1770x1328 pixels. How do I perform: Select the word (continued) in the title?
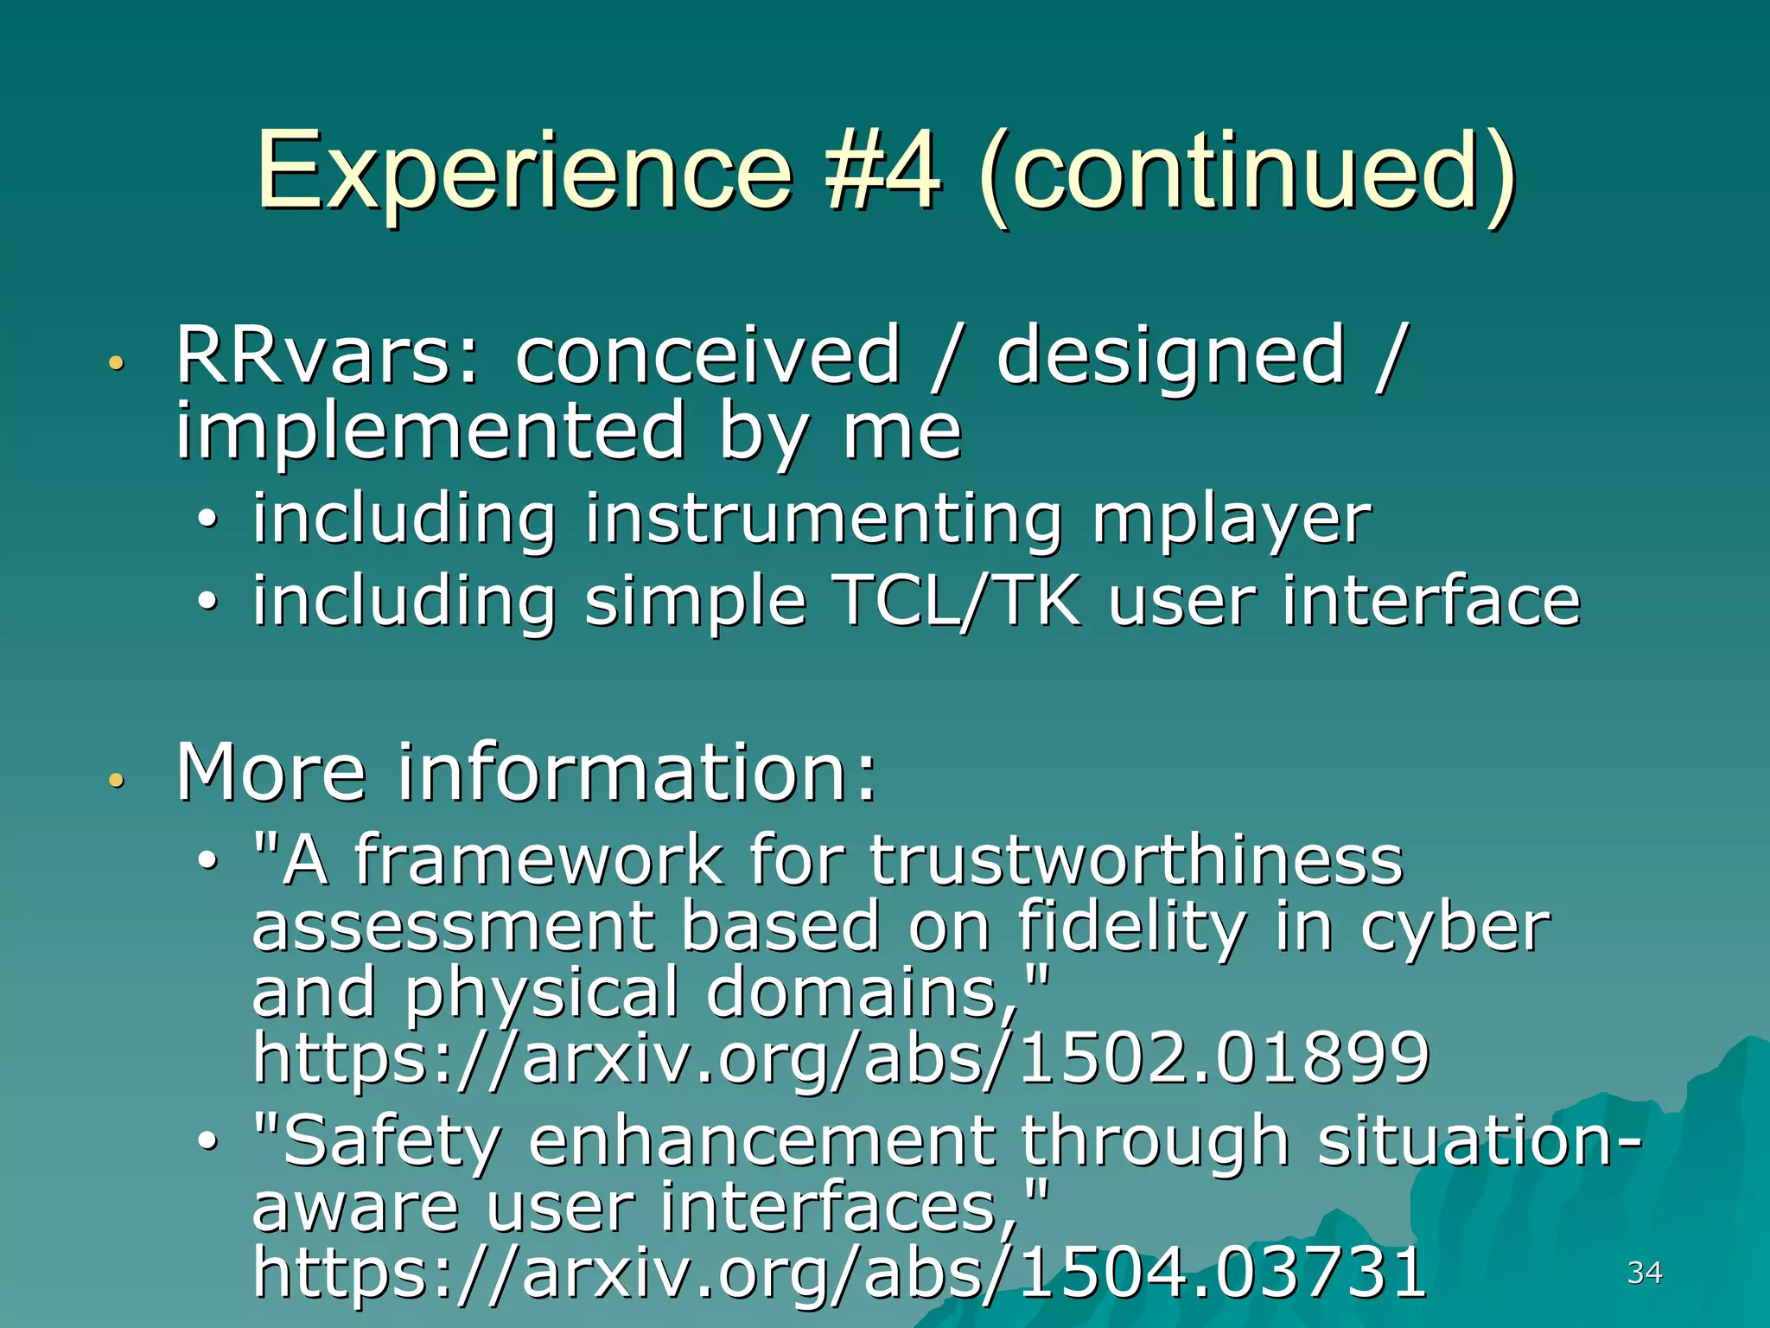click(x=1246, y=173)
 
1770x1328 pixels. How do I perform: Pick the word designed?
click(x=1170, y=356)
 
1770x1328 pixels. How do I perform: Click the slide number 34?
click(x=1644, y=1272)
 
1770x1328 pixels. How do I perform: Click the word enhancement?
click(x=761, y=1141)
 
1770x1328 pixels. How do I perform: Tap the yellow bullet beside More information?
click(x=116, y=781)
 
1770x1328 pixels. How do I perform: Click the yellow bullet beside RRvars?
click(x=116, y=364)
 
